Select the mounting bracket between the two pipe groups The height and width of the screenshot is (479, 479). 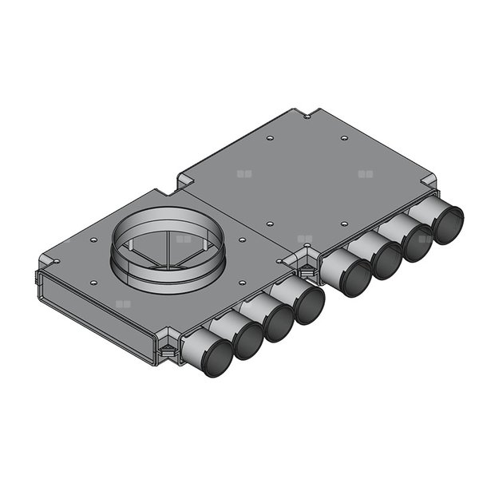coord(304,263)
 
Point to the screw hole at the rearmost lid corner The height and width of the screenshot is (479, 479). coord(307,117)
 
